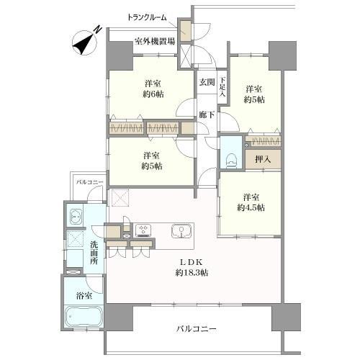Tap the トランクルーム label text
147,17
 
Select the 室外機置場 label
155,41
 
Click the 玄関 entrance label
207,82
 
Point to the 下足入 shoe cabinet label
223,87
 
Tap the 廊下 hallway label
207,115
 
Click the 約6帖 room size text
153,94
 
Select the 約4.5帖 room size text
251,207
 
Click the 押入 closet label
263,159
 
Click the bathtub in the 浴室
84,316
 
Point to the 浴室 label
84,296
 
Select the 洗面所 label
94,253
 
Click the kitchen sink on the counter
182,231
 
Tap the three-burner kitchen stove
143,230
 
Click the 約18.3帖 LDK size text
192,273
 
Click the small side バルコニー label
90,182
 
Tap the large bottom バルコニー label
197,328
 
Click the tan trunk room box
186,31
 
